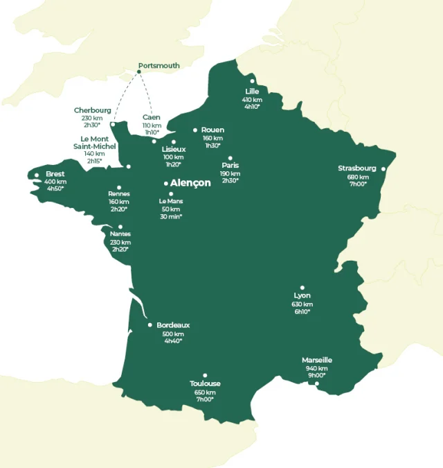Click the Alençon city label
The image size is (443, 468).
coord(190,183)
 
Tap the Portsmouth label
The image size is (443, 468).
coord(159,66)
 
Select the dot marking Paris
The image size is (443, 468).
coord(230,157)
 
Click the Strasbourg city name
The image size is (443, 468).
coord(357,168)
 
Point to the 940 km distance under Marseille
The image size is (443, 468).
coord(316,368)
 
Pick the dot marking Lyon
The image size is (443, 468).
coord(302,287)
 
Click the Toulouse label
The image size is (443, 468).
coord(205,383)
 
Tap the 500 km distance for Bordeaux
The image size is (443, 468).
coord(173,333)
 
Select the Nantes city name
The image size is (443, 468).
coord(120,234)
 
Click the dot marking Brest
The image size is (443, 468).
coord(37,175)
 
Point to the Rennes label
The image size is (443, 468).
coord(119,194)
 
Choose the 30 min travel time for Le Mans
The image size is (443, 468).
coord(170,216)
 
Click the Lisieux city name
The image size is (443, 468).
coord(174,149)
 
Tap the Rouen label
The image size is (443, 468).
coord(213,130)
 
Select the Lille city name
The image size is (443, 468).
coord(252,91)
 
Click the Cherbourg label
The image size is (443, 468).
coord(92,110)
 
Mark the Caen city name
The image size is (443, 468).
coord(152,117)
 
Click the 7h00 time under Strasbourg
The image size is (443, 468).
coord(358,184)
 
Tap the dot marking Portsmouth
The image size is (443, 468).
coord(139,71)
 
